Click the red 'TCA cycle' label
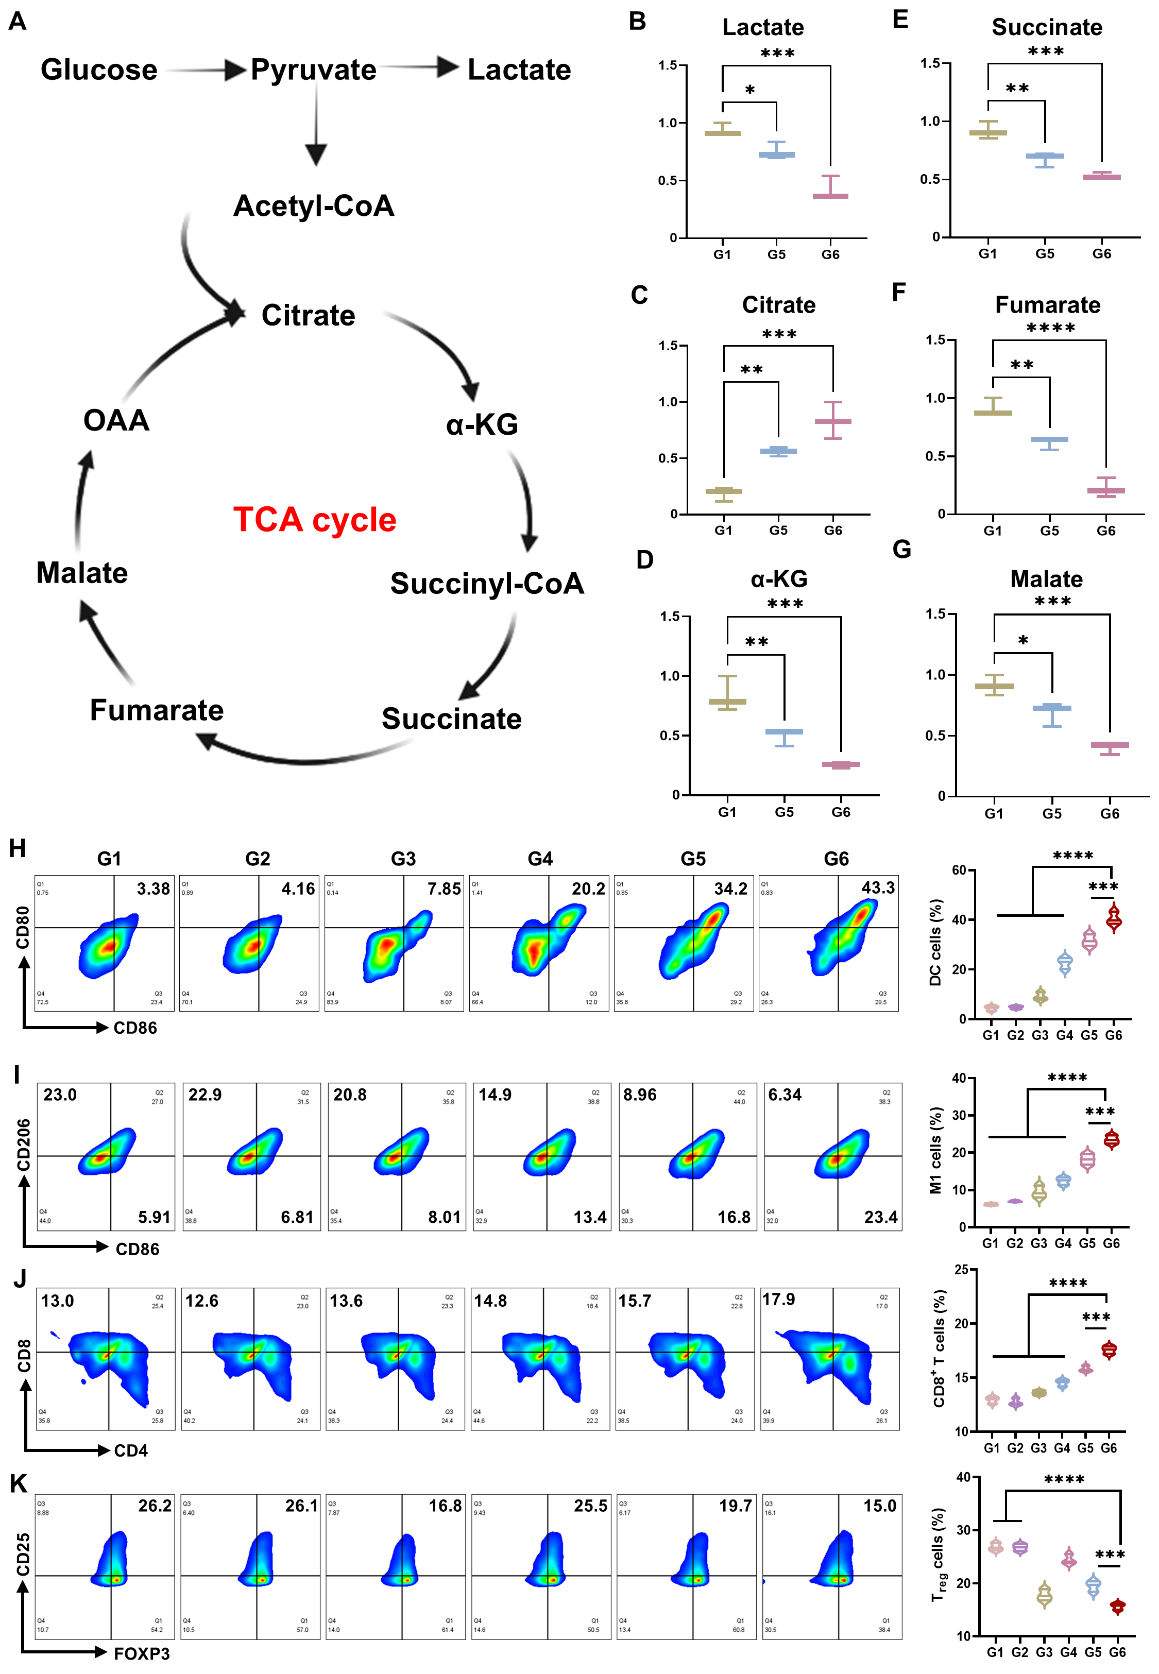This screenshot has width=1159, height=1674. (x=314, y=520)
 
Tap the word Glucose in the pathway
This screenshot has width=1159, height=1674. (x=99, y=70)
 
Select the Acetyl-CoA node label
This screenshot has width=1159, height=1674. (x=314, y=206)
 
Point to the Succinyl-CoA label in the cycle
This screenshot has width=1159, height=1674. (x=487, y=583)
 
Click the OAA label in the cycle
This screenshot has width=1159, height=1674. (x=116, y=420)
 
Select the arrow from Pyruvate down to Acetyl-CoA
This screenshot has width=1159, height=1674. (x=316, y=124)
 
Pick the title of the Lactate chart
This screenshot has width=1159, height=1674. (x=762, y=28)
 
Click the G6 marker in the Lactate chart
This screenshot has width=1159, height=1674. (x=830, y=195)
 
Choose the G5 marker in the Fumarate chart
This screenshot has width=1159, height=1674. (x=1049, y=440)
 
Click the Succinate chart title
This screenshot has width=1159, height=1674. (x=1046, y=28)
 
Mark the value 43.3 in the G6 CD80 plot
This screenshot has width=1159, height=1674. (x=878, y=888)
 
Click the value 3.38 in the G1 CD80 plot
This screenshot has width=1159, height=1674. (x=153, y=889)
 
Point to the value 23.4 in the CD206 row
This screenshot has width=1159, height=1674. (x=880, y=1217)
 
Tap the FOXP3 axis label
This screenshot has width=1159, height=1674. (x=142, y=1653)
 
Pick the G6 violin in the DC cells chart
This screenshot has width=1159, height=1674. (x=1113, y=919)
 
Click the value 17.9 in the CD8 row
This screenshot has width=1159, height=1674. (x=778, y=1299)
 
